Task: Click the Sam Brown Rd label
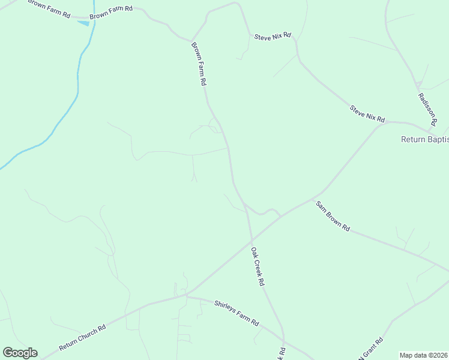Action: [x=333, y=216]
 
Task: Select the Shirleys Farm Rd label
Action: [x=237, y=313]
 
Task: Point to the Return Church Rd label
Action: [x=82, y=338]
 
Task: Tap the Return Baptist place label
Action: [x=424, y=140]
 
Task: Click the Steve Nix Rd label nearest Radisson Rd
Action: [x=367, y=112]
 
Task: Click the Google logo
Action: [x=20, y=353]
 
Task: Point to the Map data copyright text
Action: [x=423, y=355]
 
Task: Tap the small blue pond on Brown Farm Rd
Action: [x=83, y=23]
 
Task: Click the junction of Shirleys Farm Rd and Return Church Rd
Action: [x=187, y=295]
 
